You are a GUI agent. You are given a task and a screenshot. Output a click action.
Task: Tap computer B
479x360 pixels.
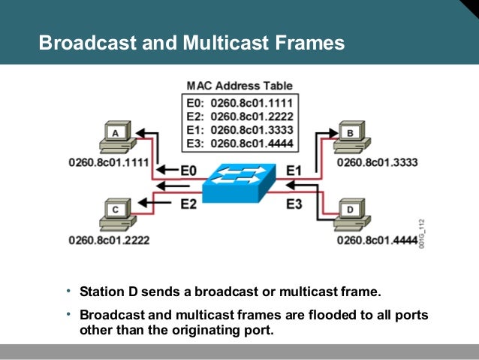tap(351, 137)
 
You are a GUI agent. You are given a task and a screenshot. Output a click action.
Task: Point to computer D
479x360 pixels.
tap(351, 213)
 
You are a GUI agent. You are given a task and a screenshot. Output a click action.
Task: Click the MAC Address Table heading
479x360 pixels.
tap(240, 86)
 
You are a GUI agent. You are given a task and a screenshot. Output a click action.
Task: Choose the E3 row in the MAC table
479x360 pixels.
tap(240, 143)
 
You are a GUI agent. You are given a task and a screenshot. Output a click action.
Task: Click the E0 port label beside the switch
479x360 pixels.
tap(188, 171)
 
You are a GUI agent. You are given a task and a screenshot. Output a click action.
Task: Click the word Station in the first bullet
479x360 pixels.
tap(102, 292)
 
